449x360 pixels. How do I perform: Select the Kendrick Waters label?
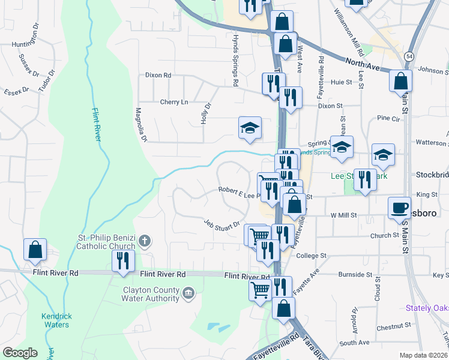point(55,320)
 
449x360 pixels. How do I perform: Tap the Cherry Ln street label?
point(173,102)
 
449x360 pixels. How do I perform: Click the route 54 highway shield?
point(408,55)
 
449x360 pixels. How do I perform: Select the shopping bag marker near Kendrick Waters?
point(35,249)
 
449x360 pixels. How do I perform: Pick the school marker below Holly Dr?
point(250,127)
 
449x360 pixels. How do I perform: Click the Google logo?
point(19,352)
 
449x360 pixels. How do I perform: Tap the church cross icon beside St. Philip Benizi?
point(144,241)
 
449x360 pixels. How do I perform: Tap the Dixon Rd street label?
point(158,76)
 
